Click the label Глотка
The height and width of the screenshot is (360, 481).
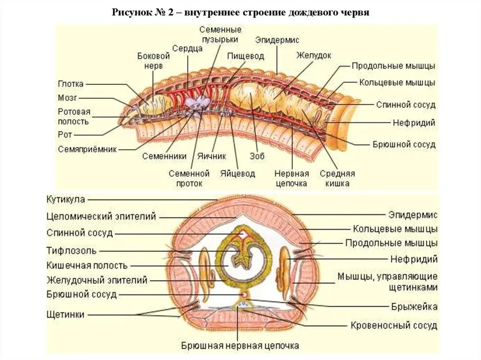coord(71,84)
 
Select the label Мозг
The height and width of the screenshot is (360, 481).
coord(68,98)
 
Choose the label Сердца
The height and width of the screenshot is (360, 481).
coord(187,48)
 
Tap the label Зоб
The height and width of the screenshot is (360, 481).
coord(257,156)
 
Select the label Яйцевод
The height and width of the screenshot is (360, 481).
coord(237,173)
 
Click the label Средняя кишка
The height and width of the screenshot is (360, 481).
coord(337,178)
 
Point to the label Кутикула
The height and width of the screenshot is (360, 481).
coord(65,199)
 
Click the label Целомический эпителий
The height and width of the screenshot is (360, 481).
coord(101,216)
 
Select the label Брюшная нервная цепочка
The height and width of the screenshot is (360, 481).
coord(240,346)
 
